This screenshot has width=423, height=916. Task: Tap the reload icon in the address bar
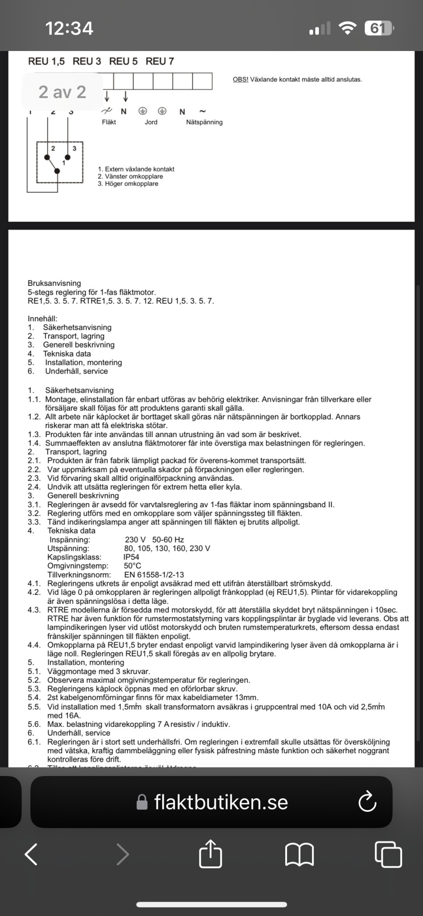tap(367, 802)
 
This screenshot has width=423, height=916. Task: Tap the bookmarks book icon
tap(299, 854)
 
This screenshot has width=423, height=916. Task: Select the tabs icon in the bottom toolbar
tap(388, 854)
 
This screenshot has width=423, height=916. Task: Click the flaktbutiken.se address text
tap(221, 802)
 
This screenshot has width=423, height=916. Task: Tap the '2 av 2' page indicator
tap(62, 92)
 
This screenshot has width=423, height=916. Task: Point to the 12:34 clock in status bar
tap(69, 29)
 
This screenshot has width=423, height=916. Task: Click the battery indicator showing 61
tap(378, 29)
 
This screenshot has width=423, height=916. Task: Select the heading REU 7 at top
tap(160, 61)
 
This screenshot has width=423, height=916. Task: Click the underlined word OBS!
tap(240, 80)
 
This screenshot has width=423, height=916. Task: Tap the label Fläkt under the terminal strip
tap(109, 122)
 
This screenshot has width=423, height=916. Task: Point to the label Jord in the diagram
tap(151, 122)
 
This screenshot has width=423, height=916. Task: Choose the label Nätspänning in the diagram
tap(204, 122)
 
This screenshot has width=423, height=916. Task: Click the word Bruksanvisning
tap(54, 283)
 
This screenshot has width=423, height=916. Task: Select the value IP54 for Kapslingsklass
tap(131, 557)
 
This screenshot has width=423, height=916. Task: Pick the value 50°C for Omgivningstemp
tap(132, 566)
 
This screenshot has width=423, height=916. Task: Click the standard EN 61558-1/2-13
tap(154, 575)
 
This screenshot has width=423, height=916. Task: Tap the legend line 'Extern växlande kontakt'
tap(136, 169)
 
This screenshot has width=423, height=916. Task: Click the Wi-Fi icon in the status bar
tap(347, 28)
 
